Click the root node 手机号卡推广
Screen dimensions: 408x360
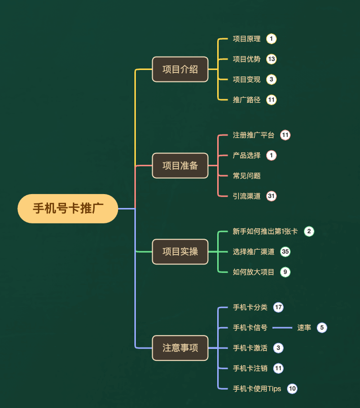(x=68, y=208)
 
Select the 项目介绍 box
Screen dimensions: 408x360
(x=180, y=69)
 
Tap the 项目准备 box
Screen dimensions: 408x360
(x=180, y=165)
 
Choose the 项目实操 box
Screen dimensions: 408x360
(x=180, y=252)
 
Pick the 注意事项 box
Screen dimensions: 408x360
(x=180, y=348)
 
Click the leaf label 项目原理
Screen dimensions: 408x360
(x=246, y=39)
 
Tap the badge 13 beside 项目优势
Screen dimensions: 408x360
(x=271, y=59)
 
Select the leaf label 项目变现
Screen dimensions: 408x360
(x=246, y=79)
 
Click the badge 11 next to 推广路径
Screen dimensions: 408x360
(x=271, y=100)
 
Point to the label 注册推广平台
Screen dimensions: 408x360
(x=253, y=135)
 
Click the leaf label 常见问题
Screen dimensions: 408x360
(x=246, y=176)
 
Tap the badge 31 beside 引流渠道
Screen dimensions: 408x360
(x=271, y=196)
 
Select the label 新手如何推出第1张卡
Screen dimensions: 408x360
(x=265, y=231)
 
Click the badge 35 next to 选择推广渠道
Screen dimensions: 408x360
(x=285, y=252)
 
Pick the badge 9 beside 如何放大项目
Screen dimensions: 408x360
(x=285, y=272)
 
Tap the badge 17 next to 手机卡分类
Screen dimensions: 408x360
(x=278, y=307)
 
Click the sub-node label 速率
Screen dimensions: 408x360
(x=304, y=328)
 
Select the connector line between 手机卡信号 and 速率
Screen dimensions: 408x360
(x=282, y=328)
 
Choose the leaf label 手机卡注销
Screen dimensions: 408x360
(x=250, y=368)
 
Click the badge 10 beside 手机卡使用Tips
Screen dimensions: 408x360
(x=292, y=389)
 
